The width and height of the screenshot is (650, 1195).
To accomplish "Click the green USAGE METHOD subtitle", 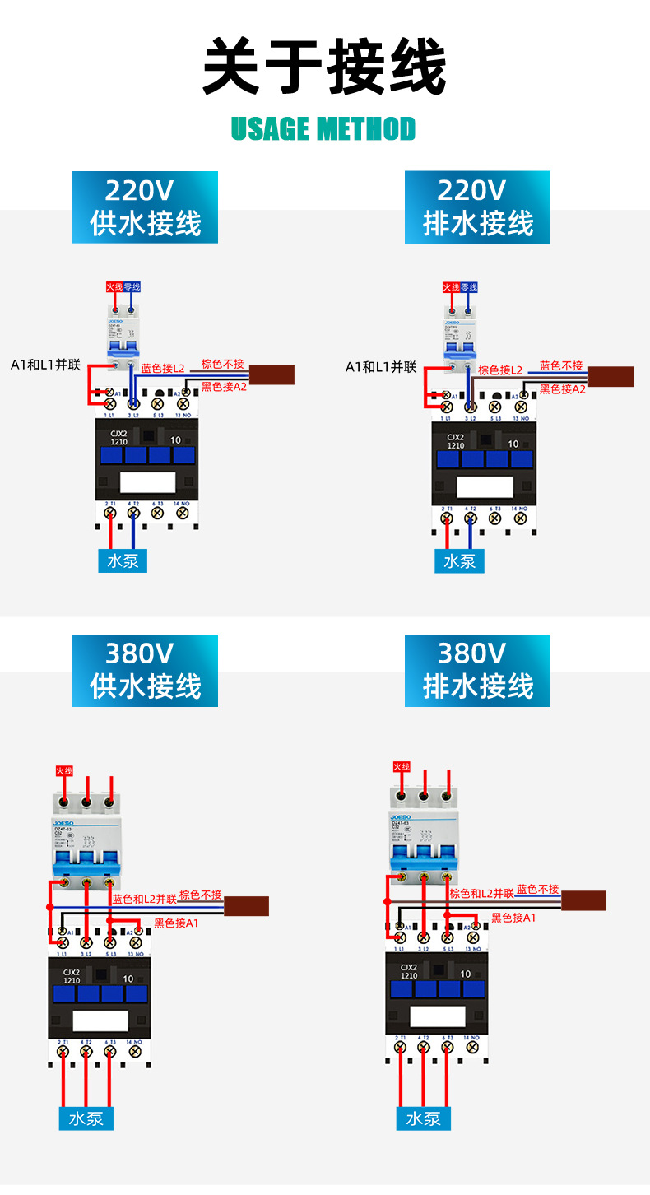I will [323, 129].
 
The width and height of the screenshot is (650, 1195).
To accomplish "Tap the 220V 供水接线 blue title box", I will [145, 207].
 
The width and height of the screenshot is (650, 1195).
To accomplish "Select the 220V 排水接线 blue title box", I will [477, 207].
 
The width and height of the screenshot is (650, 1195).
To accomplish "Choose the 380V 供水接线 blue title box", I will [145, 670].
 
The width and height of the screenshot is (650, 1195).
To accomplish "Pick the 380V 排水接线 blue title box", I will [477, 670].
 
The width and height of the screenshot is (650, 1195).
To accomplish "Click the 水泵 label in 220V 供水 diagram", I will [123, 560].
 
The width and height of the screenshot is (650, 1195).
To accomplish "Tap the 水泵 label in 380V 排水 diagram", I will [423, 1118].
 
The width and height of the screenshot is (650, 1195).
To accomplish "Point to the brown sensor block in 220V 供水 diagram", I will [272, 374].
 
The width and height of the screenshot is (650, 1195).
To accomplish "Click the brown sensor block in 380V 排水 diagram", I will [583, 900].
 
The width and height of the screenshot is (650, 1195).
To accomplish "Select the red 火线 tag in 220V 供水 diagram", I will [114, 287].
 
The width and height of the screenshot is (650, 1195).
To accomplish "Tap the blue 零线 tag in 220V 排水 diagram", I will [469, 287].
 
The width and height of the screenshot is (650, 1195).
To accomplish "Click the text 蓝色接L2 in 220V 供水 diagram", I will [163, 369].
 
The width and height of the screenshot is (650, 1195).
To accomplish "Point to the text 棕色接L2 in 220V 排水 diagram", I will [500, 370].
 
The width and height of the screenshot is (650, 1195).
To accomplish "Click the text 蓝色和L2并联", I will [145, 900].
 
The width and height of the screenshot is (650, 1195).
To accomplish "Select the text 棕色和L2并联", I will [481, 893].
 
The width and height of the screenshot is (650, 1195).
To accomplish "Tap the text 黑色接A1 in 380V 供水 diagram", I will [176, 923].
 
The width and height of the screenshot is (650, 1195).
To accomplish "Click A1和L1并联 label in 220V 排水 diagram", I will [381, 367].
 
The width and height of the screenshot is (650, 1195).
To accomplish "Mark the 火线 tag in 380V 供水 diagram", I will [64, 770].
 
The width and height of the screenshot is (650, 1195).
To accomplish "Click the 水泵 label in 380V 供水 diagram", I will [86, 1118].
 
